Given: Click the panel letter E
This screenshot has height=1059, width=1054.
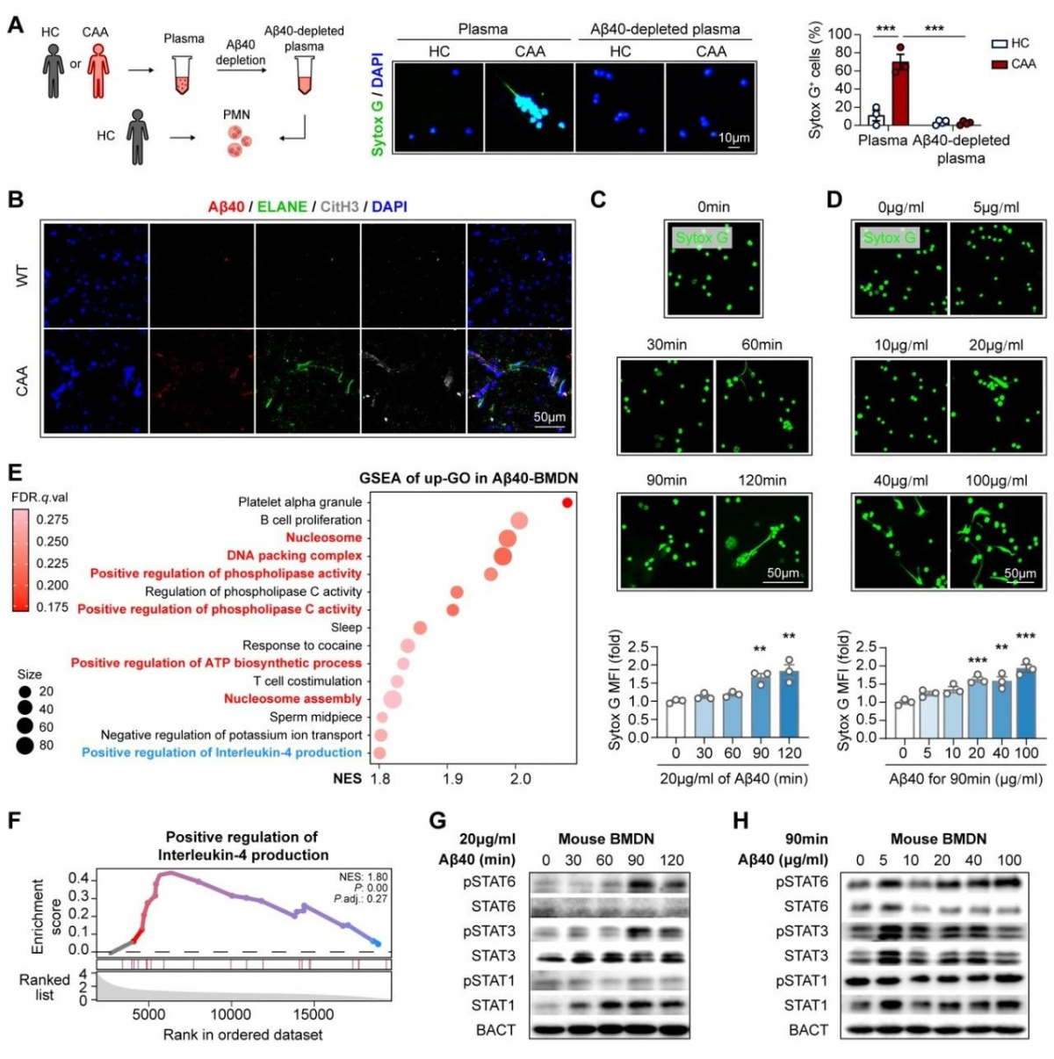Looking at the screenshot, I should coord(14,472).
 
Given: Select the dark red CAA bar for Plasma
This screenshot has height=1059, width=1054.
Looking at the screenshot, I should coord(899,93).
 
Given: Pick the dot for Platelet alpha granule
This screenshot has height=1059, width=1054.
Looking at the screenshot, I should coord(567,502).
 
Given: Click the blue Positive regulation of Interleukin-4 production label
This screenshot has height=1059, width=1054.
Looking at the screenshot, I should coord(221,753).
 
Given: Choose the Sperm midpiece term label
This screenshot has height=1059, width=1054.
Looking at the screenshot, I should coord(315,717).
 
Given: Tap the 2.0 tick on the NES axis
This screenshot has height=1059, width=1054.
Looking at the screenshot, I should coord(520,778).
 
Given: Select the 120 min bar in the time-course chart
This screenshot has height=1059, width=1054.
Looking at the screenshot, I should coord(790,704).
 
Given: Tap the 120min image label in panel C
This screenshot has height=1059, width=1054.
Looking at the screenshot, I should coord(762,480).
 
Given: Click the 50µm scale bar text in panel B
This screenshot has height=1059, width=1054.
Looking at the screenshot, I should coord(550,416).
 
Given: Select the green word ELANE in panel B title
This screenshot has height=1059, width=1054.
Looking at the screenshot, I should coord(282,206).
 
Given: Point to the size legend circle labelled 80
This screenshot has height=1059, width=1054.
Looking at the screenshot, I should coord(25,746).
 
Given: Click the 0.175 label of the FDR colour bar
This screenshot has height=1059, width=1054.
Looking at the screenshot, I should coord(52,607).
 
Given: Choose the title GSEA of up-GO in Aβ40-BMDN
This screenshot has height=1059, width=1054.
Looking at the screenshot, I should coord(468,478).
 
